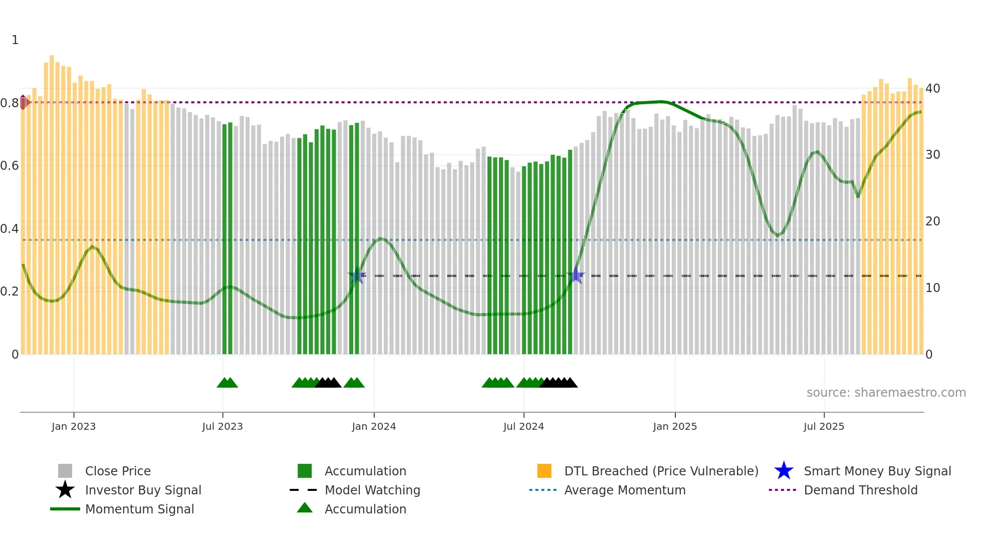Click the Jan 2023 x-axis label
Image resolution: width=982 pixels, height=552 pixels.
pos(74,426)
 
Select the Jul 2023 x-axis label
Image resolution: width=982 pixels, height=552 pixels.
pos(222,426)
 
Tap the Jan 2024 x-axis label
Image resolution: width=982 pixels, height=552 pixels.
pos(374,426)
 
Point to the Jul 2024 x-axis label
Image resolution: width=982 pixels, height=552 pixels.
pos(524,426)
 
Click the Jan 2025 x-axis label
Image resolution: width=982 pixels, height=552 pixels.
pos(675,426)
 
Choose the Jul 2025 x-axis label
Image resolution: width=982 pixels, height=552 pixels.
pos(824,426)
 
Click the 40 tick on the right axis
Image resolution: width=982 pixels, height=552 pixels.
pos(933,89)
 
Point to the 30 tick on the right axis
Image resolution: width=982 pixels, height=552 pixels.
pos(933,155)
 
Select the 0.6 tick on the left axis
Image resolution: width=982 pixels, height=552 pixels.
pos(10,166)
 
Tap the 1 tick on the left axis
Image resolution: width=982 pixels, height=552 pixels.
pos(15,40)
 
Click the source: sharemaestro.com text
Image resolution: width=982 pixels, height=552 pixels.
pos(886,393)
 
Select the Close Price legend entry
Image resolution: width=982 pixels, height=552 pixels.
pos(118,471)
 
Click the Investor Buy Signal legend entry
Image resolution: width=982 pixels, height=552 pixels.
pos(143,490)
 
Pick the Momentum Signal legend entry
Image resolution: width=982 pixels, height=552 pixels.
pos(139,509)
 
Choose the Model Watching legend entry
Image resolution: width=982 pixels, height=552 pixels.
pos(372,490)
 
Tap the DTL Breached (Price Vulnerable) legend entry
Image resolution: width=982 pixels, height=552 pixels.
pos(661,471)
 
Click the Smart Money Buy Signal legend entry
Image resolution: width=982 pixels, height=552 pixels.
pos(877,471)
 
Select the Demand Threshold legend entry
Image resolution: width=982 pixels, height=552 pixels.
pos(860,490)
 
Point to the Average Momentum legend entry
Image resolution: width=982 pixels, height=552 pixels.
pos(625,490)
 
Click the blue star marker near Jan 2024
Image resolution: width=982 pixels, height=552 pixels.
pos(357,275)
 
